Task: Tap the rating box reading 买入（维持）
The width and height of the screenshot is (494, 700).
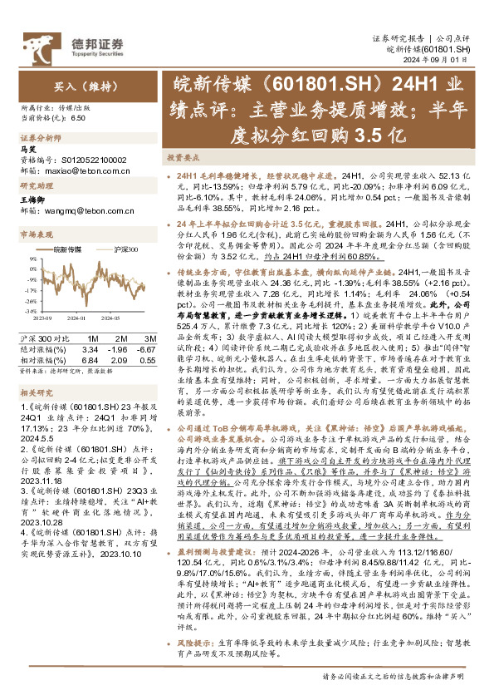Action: pyautogui.click(x=61, y=86)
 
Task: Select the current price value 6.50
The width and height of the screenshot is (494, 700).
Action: pyautogui.click(x=79, y=119)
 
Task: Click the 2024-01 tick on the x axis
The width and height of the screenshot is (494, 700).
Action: pyautogui.click(x=77, y=316)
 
